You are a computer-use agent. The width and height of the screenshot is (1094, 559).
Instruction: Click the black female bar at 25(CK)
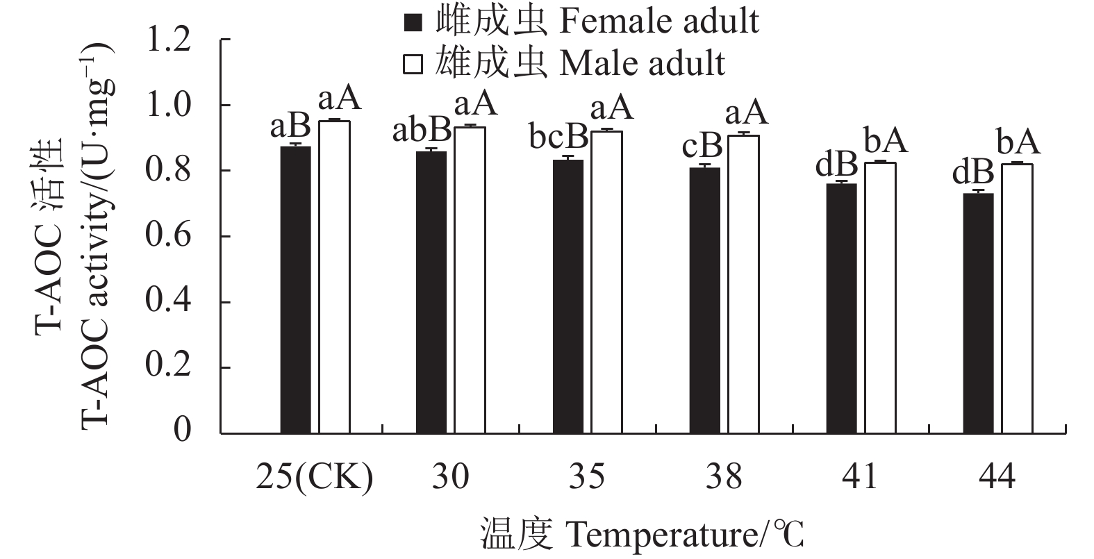click(x=295, y=290)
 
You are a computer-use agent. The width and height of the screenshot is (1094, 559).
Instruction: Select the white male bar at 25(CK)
click(x=334, y=277)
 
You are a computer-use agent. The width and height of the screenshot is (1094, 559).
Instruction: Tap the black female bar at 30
click(x=431, y=292)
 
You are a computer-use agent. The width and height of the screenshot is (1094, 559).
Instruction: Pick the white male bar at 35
click(x=606, y=283)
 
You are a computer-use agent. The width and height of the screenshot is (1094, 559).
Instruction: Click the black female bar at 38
click(x=704, y=301)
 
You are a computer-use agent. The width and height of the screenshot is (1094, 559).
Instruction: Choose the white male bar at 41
click(x=879, y=298)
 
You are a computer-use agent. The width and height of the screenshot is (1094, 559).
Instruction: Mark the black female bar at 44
click(x=978, y=313)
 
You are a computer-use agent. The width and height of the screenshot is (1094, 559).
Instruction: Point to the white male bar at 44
click(x=1016, y=299)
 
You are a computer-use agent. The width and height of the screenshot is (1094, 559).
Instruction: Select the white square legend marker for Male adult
click(x=413, y=64)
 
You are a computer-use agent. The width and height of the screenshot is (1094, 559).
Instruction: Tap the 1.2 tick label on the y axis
click(x=169, y=40)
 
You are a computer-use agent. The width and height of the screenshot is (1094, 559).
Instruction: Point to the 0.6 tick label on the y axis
click(x=169, y=237)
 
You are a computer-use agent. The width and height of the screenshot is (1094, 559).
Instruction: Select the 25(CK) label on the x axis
click(x=315, y=478)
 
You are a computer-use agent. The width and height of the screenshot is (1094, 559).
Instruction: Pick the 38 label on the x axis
click(x=724, y=478)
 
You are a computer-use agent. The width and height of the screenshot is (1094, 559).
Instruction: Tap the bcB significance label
click(x=558, y=139)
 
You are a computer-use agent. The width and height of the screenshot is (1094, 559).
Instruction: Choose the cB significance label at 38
click(x=701, y=147)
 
